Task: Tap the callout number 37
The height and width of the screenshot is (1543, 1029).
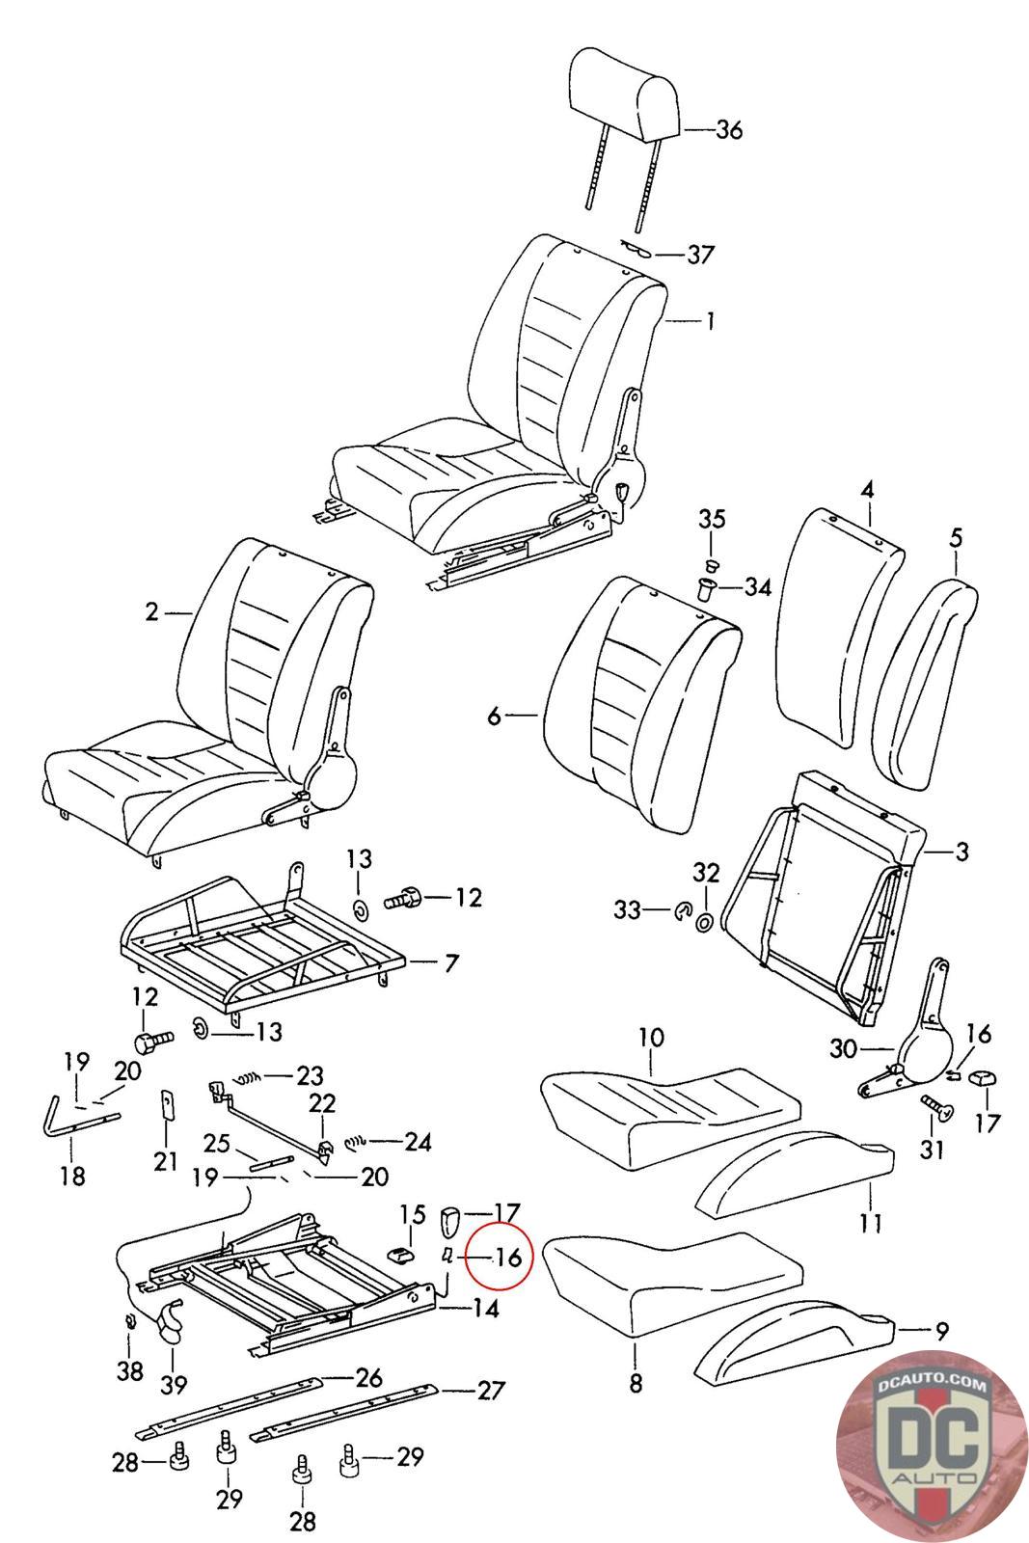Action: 700,255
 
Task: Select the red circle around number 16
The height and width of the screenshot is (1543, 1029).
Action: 500,1256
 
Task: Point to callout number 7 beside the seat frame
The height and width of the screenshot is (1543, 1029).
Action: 451,962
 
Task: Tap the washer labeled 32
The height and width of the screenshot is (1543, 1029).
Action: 705,921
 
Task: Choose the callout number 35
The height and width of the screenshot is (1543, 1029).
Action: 712,519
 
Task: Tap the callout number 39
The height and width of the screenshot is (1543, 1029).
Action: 173,1386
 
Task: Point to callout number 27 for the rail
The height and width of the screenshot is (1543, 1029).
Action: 491,1391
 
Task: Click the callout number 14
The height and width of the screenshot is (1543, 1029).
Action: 485,1309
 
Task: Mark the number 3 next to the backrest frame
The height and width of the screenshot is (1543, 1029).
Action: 961,853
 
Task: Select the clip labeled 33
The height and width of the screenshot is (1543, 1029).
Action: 683,908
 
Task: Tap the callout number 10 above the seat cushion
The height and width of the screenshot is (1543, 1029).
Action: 651,1039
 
